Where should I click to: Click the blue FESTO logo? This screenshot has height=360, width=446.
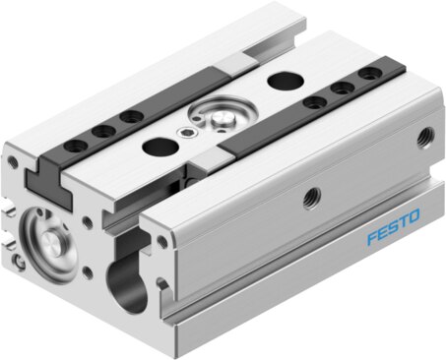pos(393,227)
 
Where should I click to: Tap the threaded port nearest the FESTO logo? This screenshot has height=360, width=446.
pos(311,197)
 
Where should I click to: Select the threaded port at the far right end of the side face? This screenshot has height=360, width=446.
pos(426,138)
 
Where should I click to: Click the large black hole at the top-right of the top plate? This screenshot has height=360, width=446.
pos(285,80)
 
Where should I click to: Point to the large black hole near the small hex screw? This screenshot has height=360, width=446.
pos(159,147)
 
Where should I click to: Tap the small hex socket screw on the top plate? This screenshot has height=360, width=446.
pos(183,133)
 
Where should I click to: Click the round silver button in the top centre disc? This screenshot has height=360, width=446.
pos(223,119)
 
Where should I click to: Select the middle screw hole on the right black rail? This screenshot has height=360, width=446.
pos(343,88)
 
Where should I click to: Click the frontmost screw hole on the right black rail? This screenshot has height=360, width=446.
pos(315,102)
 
